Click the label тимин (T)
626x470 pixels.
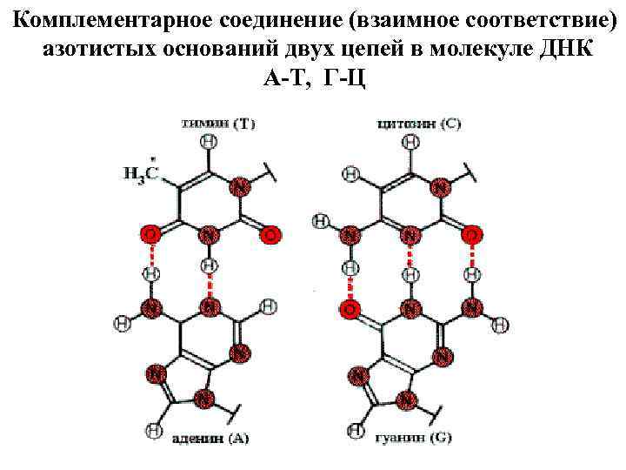pyautogui.click(x=217, y=124)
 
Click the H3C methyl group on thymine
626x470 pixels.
pyautogui.click(x=140, y=173)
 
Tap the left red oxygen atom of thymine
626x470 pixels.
pyautogui.click(x=150, y=235)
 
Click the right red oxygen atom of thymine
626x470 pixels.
pyautogui.click(x=271, y=235)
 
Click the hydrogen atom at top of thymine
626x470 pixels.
pyautogui.click(x=209, y=141)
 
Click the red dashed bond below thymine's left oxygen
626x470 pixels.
pyautogui.click(x=151, y=254)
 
